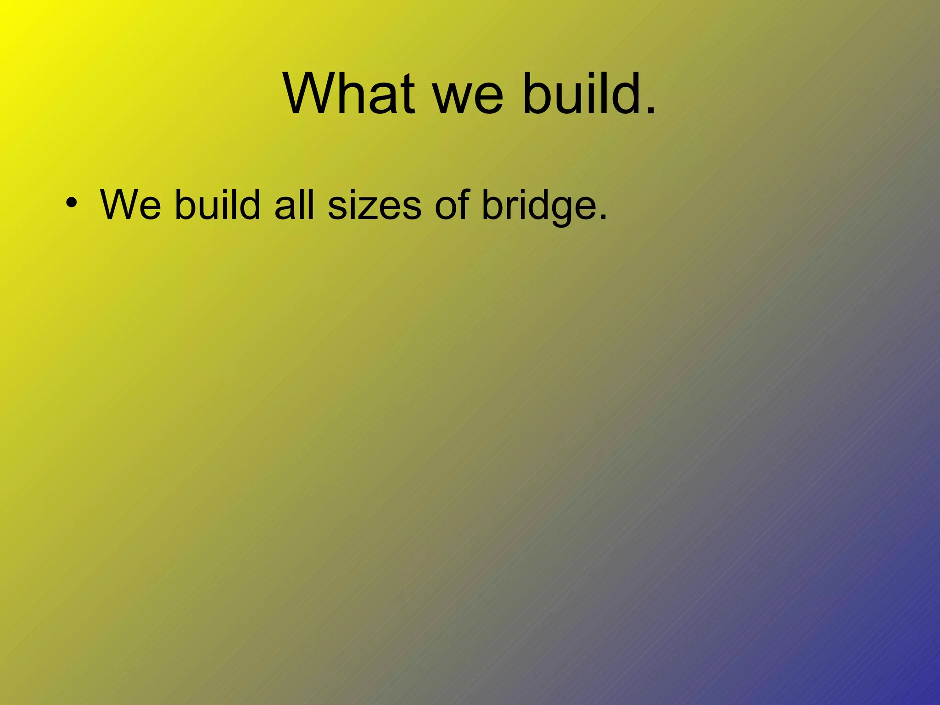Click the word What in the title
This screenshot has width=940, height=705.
tap(349, 94)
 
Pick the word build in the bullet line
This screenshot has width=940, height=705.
tap(218, 205)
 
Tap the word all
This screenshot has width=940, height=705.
tap(294, 205)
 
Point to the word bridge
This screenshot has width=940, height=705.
tap(539, 206)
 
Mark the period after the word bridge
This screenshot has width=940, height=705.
tap(603, 218)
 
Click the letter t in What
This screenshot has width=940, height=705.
tap(408, 96)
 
